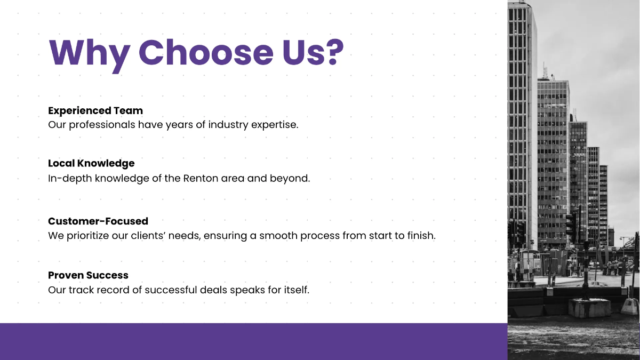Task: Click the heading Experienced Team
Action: [95, 110]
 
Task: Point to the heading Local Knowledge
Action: [91, 163]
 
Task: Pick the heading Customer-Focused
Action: [98, 221]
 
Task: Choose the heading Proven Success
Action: [88, 275]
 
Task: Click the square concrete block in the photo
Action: [589, 308]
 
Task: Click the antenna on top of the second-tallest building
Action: [545, 70]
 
